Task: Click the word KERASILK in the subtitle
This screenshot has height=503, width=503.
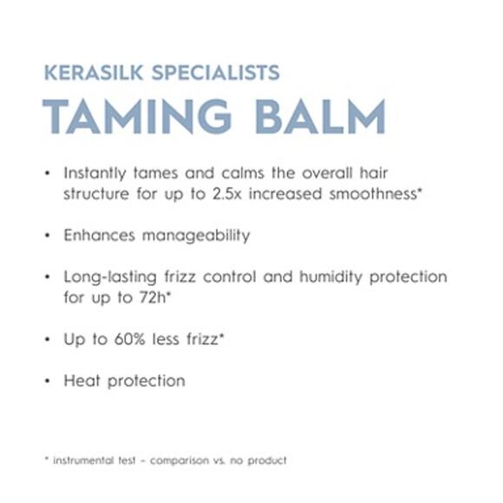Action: (93, 73)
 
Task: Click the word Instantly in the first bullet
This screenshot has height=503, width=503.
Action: (97, 173)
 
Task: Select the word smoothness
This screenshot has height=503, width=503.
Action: (372, 194)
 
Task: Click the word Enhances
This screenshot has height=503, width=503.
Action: (96, 235)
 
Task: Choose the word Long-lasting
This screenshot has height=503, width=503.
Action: (108, 278)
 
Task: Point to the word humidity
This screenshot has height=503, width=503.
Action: (328, 278)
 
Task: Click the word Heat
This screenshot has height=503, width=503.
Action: (80, 381)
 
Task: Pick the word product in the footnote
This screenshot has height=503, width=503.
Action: (267, 461)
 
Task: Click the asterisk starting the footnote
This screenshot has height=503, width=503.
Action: (45, 459)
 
